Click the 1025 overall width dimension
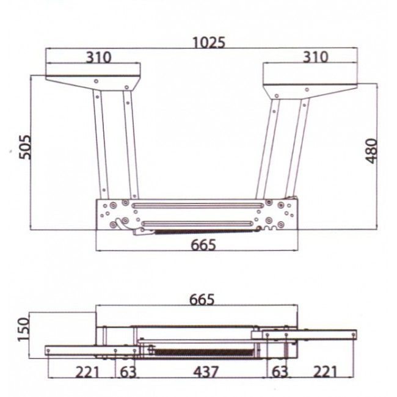point(209,43)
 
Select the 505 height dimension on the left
point(25,147)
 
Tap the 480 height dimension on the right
point(372,151)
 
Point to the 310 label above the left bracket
point(98,57)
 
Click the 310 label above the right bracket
point(316,57)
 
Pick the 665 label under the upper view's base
point(203,245)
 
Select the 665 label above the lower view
point(202,299)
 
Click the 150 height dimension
point(24,329)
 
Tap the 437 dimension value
point(206,372)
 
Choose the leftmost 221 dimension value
point(87,372)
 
